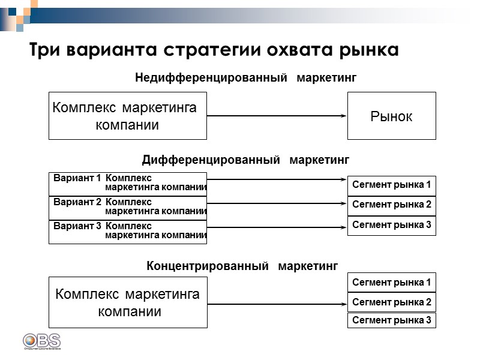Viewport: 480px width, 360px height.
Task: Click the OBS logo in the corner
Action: point(41,341)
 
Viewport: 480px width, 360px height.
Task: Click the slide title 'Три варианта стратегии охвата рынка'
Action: point(214,50)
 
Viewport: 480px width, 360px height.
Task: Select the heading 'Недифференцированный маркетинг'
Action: point(246,77)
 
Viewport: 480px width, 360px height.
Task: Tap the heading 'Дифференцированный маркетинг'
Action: point(245,160)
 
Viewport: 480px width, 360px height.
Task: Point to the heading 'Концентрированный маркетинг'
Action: point(242,266)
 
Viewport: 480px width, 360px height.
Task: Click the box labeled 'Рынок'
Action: point(391,116)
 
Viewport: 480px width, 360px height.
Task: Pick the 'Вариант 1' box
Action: point(128,184)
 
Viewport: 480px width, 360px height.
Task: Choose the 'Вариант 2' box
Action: point(128,207)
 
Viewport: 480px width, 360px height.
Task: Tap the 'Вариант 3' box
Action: point(128,232)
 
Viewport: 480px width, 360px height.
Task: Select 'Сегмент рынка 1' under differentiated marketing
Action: point(392,185)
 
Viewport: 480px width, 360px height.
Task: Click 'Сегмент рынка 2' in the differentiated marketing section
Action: point(392,205)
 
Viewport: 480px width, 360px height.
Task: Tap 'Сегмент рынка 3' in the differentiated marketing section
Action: point(392,226)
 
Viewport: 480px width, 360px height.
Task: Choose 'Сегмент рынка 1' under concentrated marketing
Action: point(392,282)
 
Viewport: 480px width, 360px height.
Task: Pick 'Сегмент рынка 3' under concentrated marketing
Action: point(392,320)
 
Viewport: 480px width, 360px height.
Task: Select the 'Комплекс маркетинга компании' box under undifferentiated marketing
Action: point(128,116)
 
